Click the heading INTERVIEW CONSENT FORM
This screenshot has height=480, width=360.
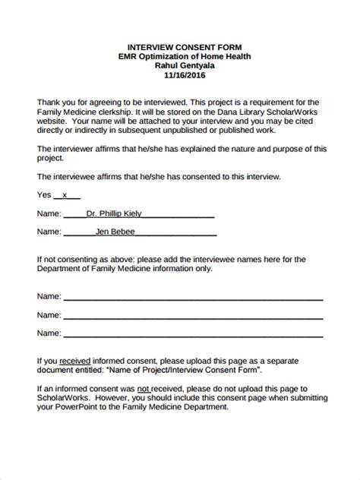click(180, 46)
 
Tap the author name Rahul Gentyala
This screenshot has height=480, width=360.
click(180, 66)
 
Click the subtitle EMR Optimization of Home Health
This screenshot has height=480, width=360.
click(180, 56)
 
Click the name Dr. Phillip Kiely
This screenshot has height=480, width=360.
click(114, 213)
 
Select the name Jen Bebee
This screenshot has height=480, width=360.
click(115, 230)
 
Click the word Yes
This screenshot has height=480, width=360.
click(45, 194)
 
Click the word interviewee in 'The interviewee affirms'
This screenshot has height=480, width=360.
click(74, 175)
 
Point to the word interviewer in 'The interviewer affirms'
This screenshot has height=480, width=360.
click(74, 148)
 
